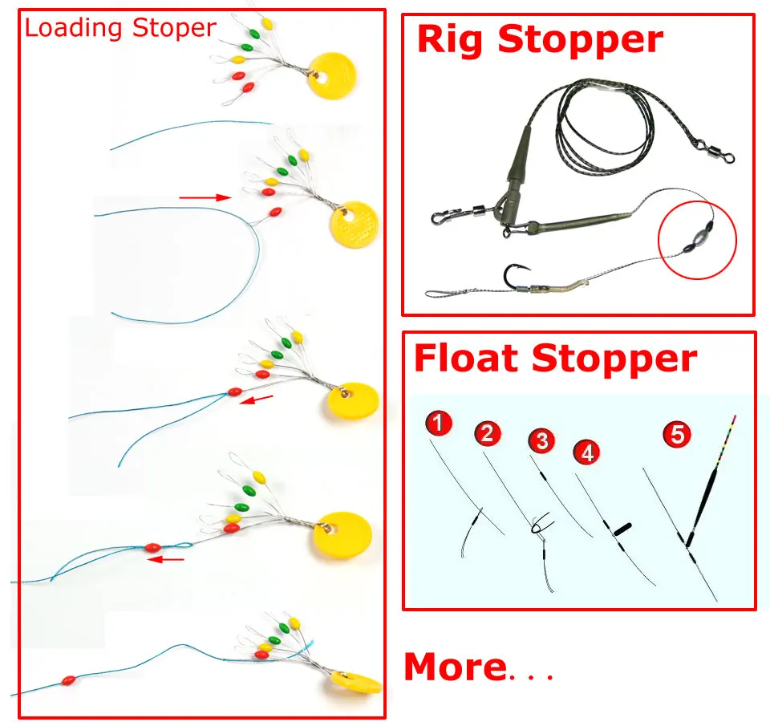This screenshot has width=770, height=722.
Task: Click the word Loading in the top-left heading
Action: (x=73, y=29)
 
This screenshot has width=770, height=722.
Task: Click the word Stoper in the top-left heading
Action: (x=174, y=29)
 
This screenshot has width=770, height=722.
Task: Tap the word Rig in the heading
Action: (x=450, y=40)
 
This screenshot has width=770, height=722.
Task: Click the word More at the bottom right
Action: (x=456, y=667)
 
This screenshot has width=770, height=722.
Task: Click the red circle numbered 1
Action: (x=439, y=424)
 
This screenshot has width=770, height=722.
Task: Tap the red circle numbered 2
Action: (x=487, y=433)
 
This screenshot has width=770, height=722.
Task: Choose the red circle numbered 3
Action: (x=541, y=440)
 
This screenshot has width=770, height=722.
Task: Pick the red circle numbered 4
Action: (x=587, y=452)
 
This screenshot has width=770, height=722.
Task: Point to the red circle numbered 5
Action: (x=677, y=435)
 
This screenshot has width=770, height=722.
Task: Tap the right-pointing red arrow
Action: (x=205, y=198)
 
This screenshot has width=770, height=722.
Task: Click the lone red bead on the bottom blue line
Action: (x=69, y=681)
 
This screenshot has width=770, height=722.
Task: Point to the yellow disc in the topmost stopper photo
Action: (x=332, y=76)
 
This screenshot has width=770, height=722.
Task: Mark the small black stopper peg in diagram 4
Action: (x=622, y=529)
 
